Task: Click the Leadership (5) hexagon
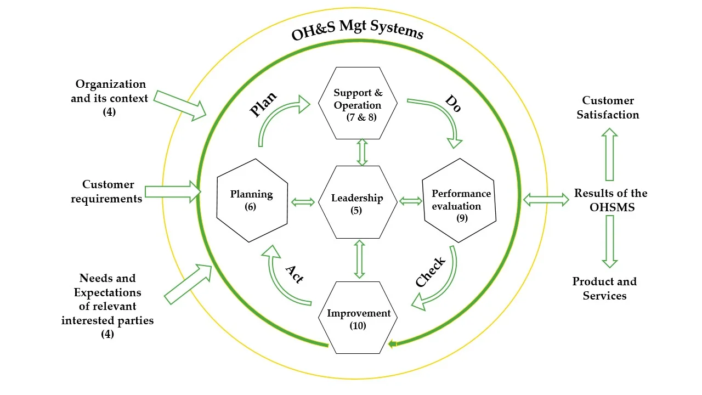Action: point(357,201)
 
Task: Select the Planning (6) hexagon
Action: point(252,200)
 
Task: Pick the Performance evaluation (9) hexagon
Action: point(460,200)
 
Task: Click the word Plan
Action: point(263,104)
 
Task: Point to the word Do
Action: point(452,104)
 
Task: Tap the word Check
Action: point(431,272)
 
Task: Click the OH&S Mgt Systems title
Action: point(358,32)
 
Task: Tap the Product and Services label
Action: point(605,289)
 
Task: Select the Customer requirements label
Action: point(107,191)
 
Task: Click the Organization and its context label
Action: point(110,97)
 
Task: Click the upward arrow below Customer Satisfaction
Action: point(609,155)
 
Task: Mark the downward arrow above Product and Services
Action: point(609,241)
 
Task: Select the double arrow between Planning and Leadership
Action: point(303,202)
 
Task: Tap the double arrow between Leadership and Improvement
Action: point(360,259)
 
